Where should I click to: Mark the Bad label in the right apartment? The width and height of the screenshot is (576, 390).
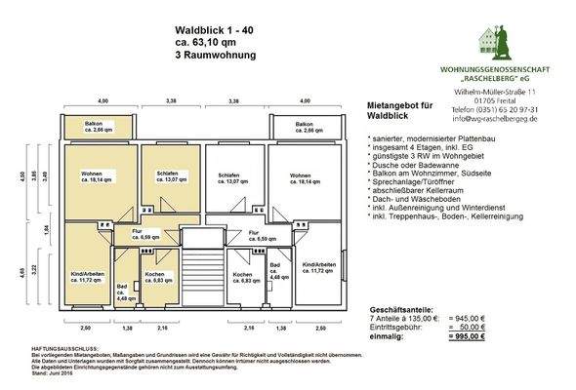[x=274, y=268]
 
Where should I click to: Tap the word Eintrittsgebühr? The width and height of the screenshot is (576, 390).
[x=385, y=328]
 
